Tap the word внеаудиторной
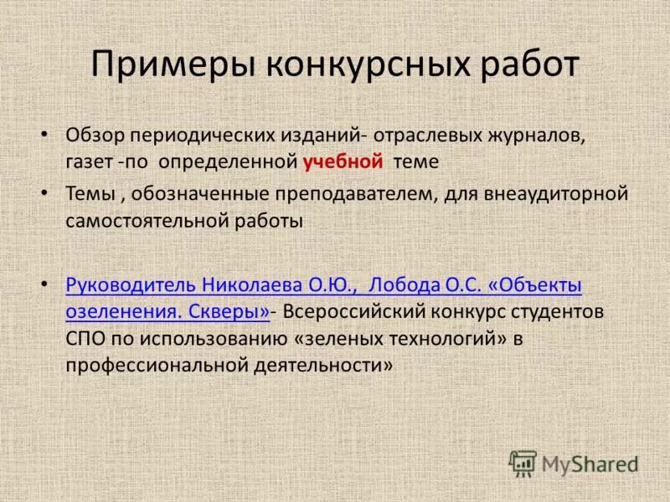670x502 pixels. [556, 195]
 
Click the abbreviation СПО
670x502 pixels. [83, 339]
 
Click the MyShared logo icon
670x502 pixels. [523, 463]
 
